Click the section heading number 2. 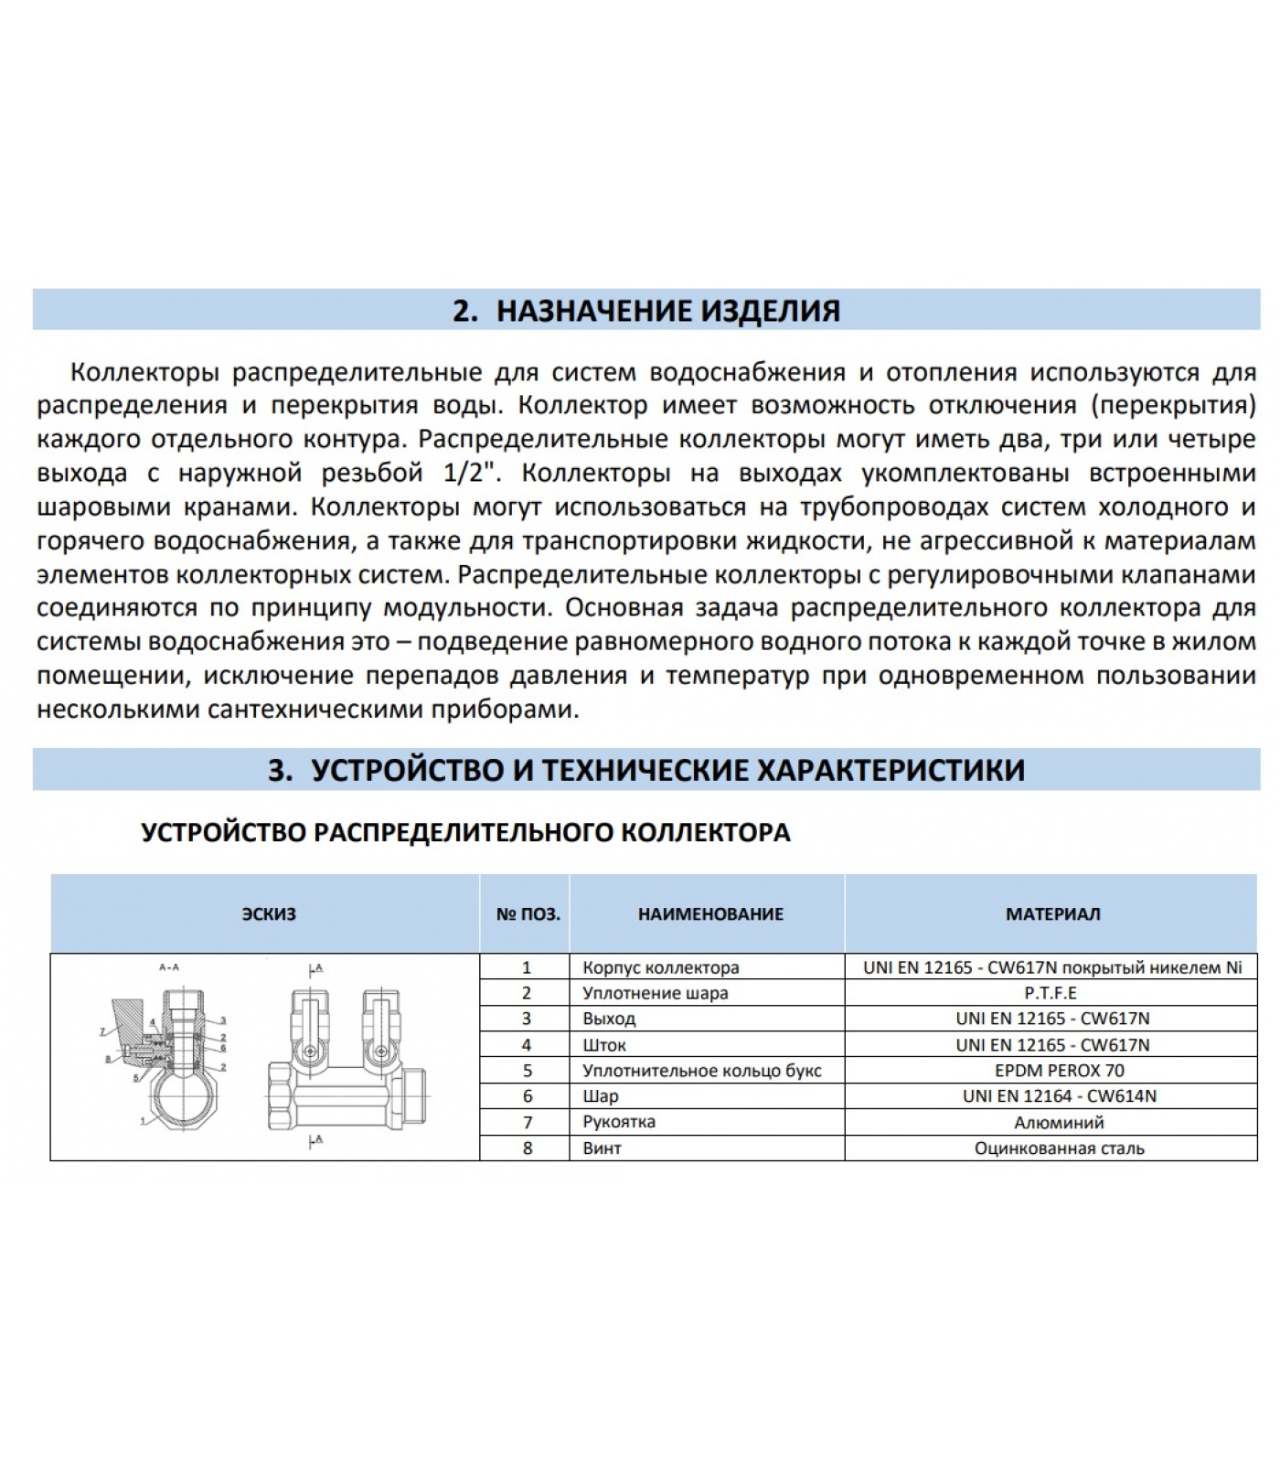point(464,311)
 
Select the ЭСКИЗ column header point(269,913)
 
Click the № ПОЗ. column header point(528,913)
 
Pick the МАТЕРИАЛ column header point(1052,913)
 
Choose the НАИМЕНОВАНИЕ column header point(710,913)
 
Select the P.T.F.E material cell point(1052,993)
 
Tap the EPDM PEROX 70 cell point(1052,1070)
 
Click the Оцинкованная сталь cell point(1059,1148)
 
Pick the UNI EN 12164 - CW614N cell point(1059,1095)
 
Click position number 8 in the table point(528,1148)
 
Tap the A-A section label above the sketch point(169,966)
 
